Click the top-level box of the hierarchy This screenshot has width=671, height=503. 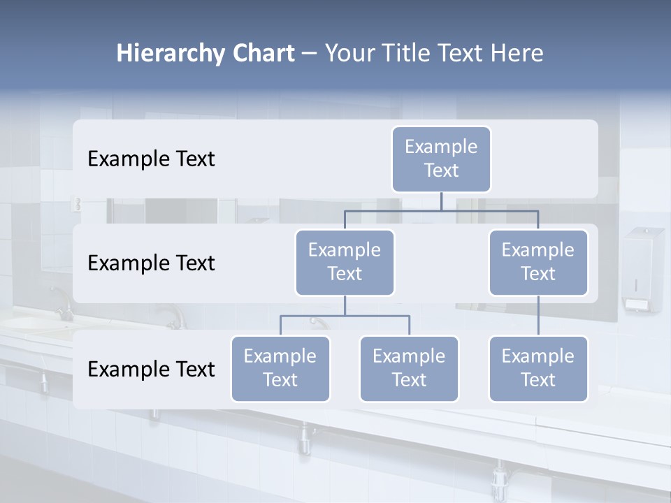point(441,159)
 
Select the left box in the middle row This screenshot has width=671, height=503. point(345,263)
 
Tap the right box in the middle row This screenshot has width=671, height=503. point(538,263)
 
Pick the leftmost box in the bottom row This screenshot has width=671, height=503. point(280,369)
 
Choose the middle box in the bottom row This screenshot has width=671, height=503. point(409,369)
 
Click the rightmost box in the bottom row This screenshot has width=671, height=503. point(538,369)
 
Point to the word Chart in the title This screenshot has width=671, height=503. point(261,54)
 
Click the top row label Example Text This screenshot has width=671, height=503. point(151,159)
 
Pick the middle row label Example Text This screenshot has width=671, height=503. point(151,263)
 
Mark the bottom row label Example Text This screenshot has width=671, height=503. point(151,370)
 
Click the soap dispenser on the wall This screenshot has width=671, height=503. point(642,268)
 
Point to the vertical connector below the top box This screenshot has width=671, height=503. point(441,201)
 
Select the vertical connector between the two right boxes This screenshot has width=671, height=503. point(538,316)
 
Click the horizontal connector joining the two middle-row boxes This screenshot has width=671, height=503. point(441,210)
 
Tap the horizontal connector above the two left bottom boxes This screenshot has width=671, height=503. point(345,316)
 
